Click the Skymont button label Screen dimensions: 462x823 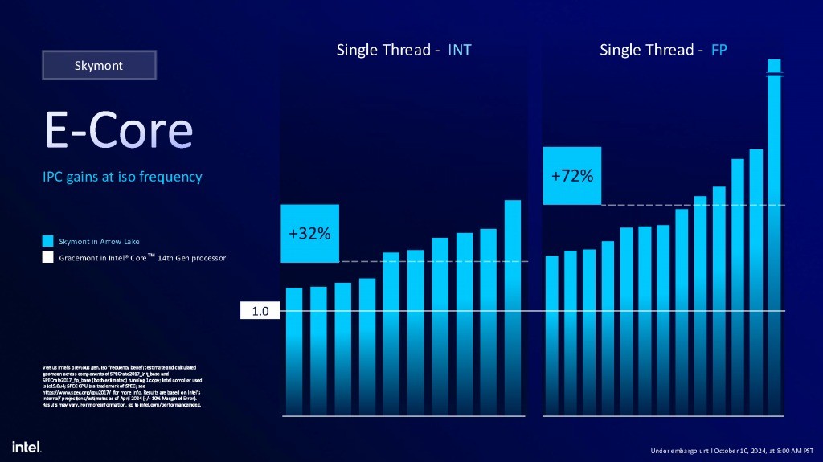click(99, 65)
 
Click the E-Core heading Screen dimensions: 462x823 click(118, 130)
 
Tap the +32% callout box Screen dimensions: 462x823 click(309, 233)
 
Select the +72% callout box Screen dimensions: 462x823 click(572, 175)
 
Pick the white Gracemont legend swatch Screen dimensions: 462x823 click(48, 258)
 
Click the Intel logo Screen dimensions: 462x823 click(27, 446)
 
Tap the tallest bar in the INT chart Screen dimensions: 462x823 click(513, 305)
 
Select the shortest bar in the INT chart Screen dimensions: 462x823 click(294, 350)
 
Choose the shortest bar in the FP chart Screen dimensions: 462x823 click(551, 333)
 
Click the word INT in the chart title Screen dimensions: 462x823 click(460, 51)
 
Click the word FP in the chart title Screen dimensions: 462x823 click(719, 51)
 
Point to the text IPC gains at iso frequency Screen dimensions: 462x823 click(122, 177)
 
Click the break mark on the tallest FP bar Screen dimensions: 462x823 click(775, 75)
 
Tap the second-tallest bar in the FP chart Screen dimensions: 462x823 click(756, 281)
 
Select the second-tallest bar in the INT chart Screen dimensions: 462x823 click(489, 321)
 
